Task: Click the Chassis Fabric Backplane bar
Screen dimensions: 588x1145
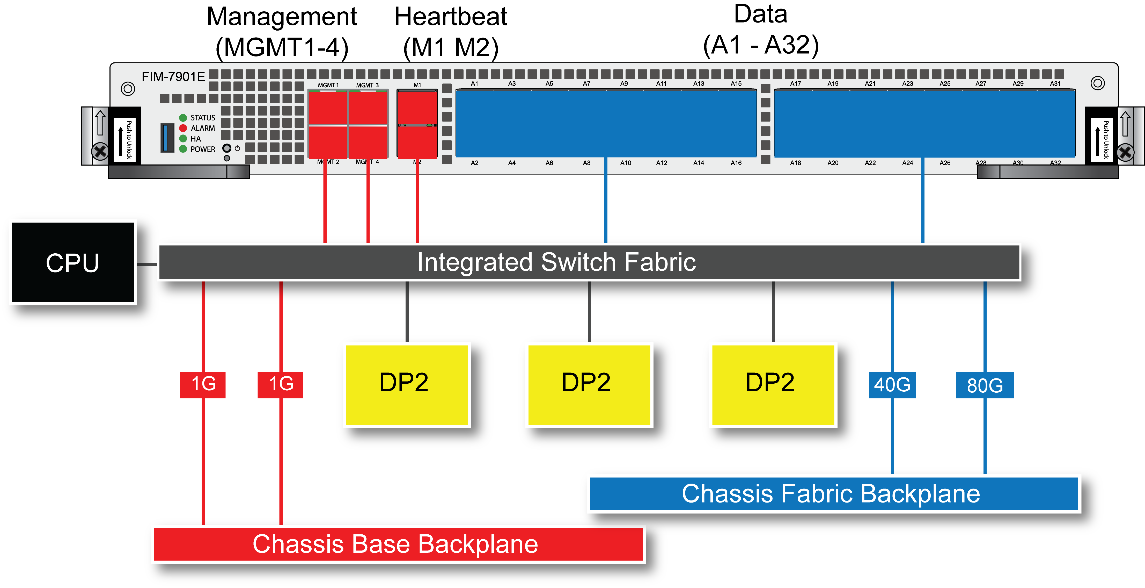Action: tap(833, 494)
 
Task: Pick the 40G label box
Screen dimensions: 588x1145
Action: tap(892, 385)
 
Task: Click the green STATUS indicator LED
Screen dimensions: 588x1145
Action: tap(183, 117)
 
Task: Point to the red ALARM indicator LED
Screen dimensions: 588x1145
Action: tap(183, 128)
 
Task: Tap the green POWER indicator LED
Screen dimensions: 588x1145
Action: tap(183, 149)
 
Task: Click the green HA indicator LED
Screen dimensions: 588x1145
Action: tap(183, 138)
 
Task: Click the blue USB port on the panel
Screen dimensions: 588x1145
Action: tap(167, 138)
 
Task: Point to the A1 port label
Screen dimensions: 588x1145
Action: tap(474, 84)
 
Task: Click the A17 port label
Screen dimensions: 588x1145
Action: tap(795, 84)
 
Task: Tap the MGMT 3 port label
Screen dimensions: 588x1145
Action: tap(367, 85)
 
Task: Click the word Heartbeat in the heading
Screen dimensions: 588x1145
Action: tap(450, 17)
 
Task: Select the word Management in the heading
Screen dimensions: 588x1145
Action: tap(282, 17)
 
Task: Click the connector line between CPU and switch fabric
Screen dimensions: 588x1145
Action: tap(147, 264)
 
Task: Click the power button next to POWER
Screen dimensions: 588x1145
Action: tap(227, 148)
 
